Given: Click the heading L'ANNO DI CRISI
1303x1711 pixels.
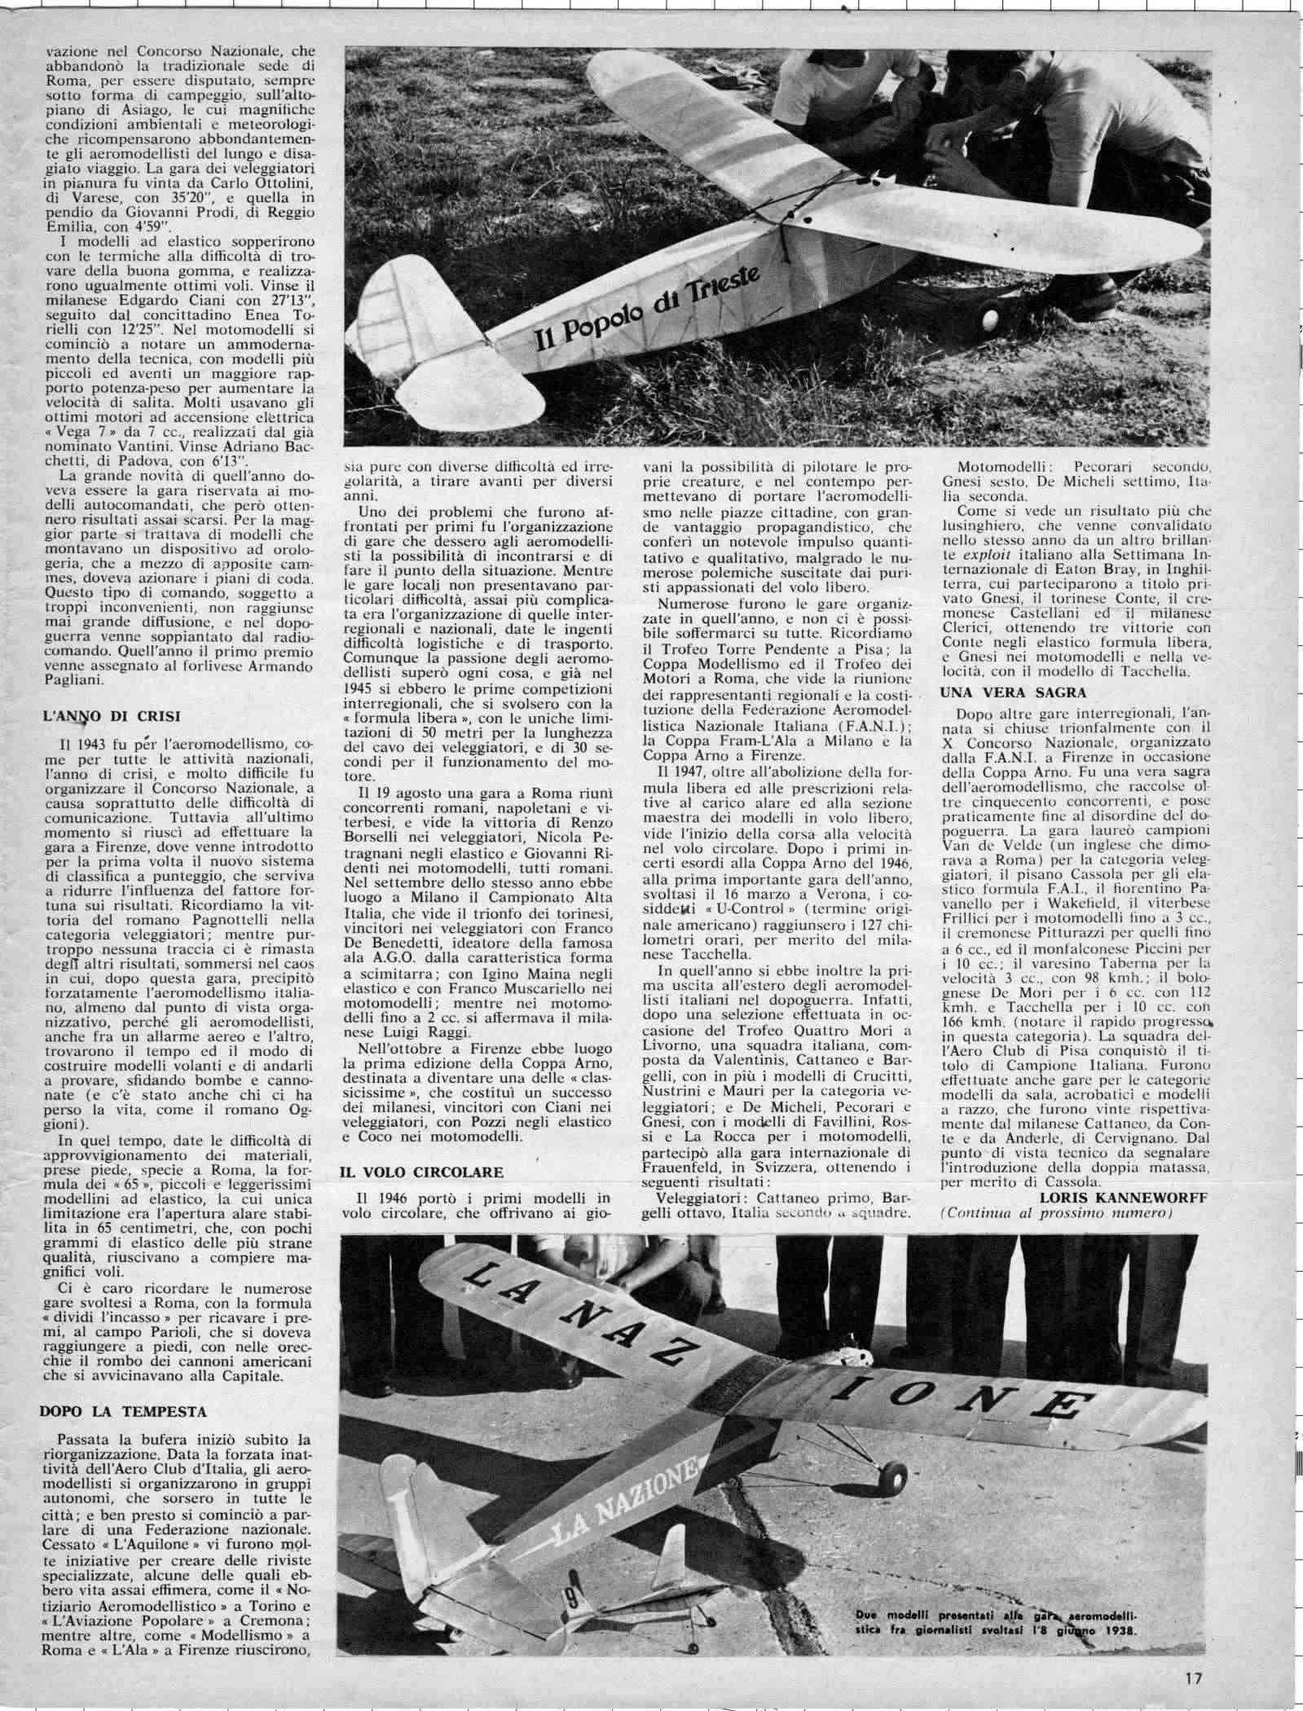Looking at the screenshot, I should click(111, 717).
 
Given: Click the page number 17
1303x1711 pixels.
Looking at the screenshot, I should click(1194, 1677).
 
